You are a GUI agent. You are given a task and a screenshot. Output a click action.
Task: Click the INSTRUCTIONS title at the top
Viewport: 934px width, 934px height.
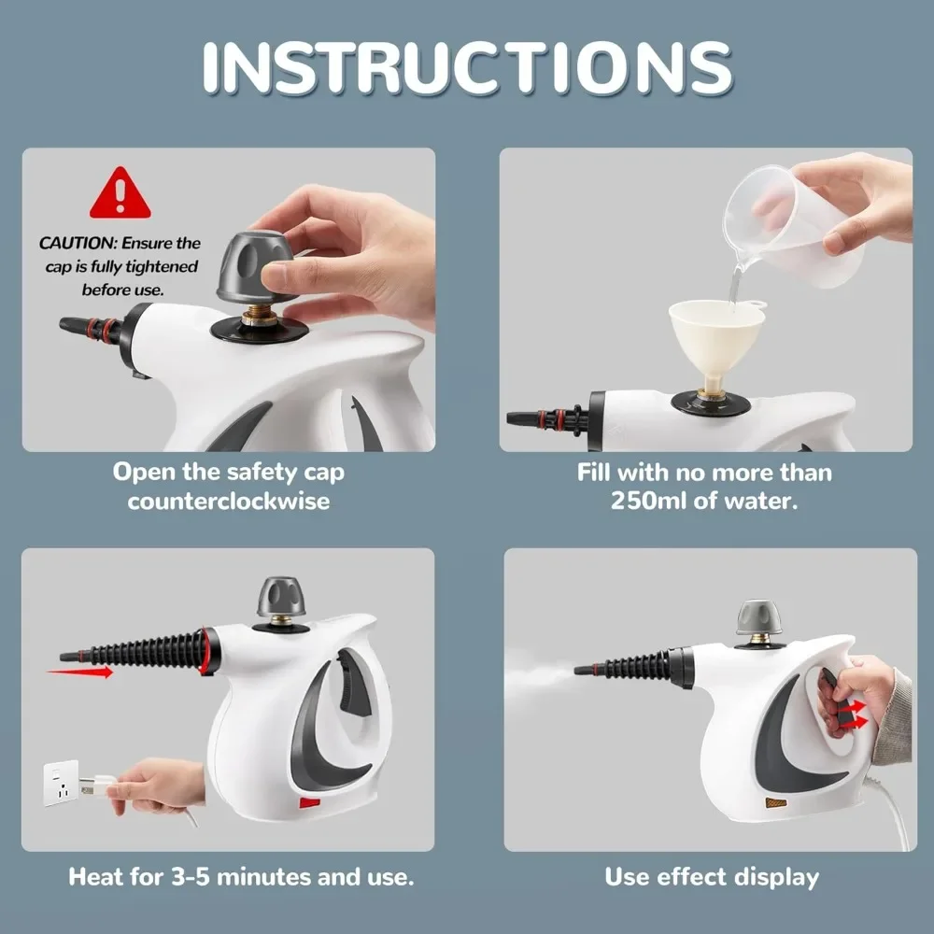tap(467, 67)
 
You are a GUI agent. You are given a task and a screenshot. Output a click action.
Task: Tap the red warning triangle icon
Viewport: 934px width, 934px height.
tap(120, 194)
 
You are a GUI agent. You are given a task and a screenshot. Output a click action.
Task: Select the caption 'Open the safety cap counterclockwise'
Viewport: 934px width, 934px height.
tap(229, 486)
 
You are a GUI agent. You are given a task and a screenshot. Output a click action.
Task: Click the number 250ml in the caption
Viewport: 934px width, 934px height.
tap(648, 500)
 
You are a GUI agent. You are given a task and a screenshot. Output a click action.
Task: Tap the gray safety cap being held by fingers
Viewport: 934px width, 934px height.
tap(257, 266)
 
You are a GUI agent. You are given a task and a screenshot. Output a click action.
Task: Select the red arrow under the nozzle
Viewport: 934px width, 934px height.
tap(79, 672)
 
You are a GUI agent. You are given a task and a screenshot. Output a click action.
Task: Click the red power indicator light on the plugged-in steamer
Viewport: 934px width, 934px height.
tap(309, 802)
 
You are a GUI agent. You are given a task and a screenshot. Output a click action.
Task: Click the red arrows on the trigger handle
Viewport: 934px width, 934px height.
tap(850, 715)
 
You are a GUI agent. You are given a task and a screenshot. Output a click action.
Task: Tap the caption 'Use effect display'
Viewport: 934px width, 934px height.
tap(711, 877)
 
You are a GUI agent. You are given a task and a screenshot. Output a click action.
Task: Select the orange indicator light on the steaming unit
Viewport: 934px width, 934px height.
tap(774, 802)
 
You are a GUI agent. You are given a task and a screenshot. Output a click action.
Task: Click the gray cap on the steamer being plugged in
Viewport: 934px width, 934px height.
tap(281, 597)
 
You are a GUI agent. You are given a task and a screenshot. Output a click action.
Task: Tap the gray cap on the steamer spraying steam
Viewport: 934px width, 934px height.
tap(759, 617)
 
